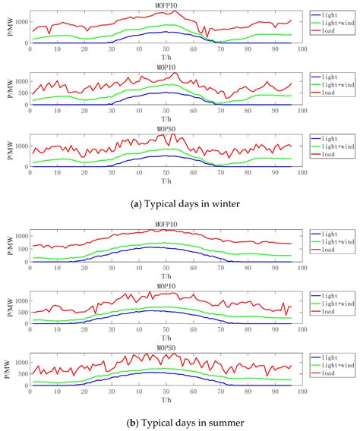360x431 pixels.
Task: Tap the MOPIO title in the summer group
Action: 165,286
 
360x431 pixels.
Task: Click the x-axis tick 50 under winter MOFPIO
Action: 166,49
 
